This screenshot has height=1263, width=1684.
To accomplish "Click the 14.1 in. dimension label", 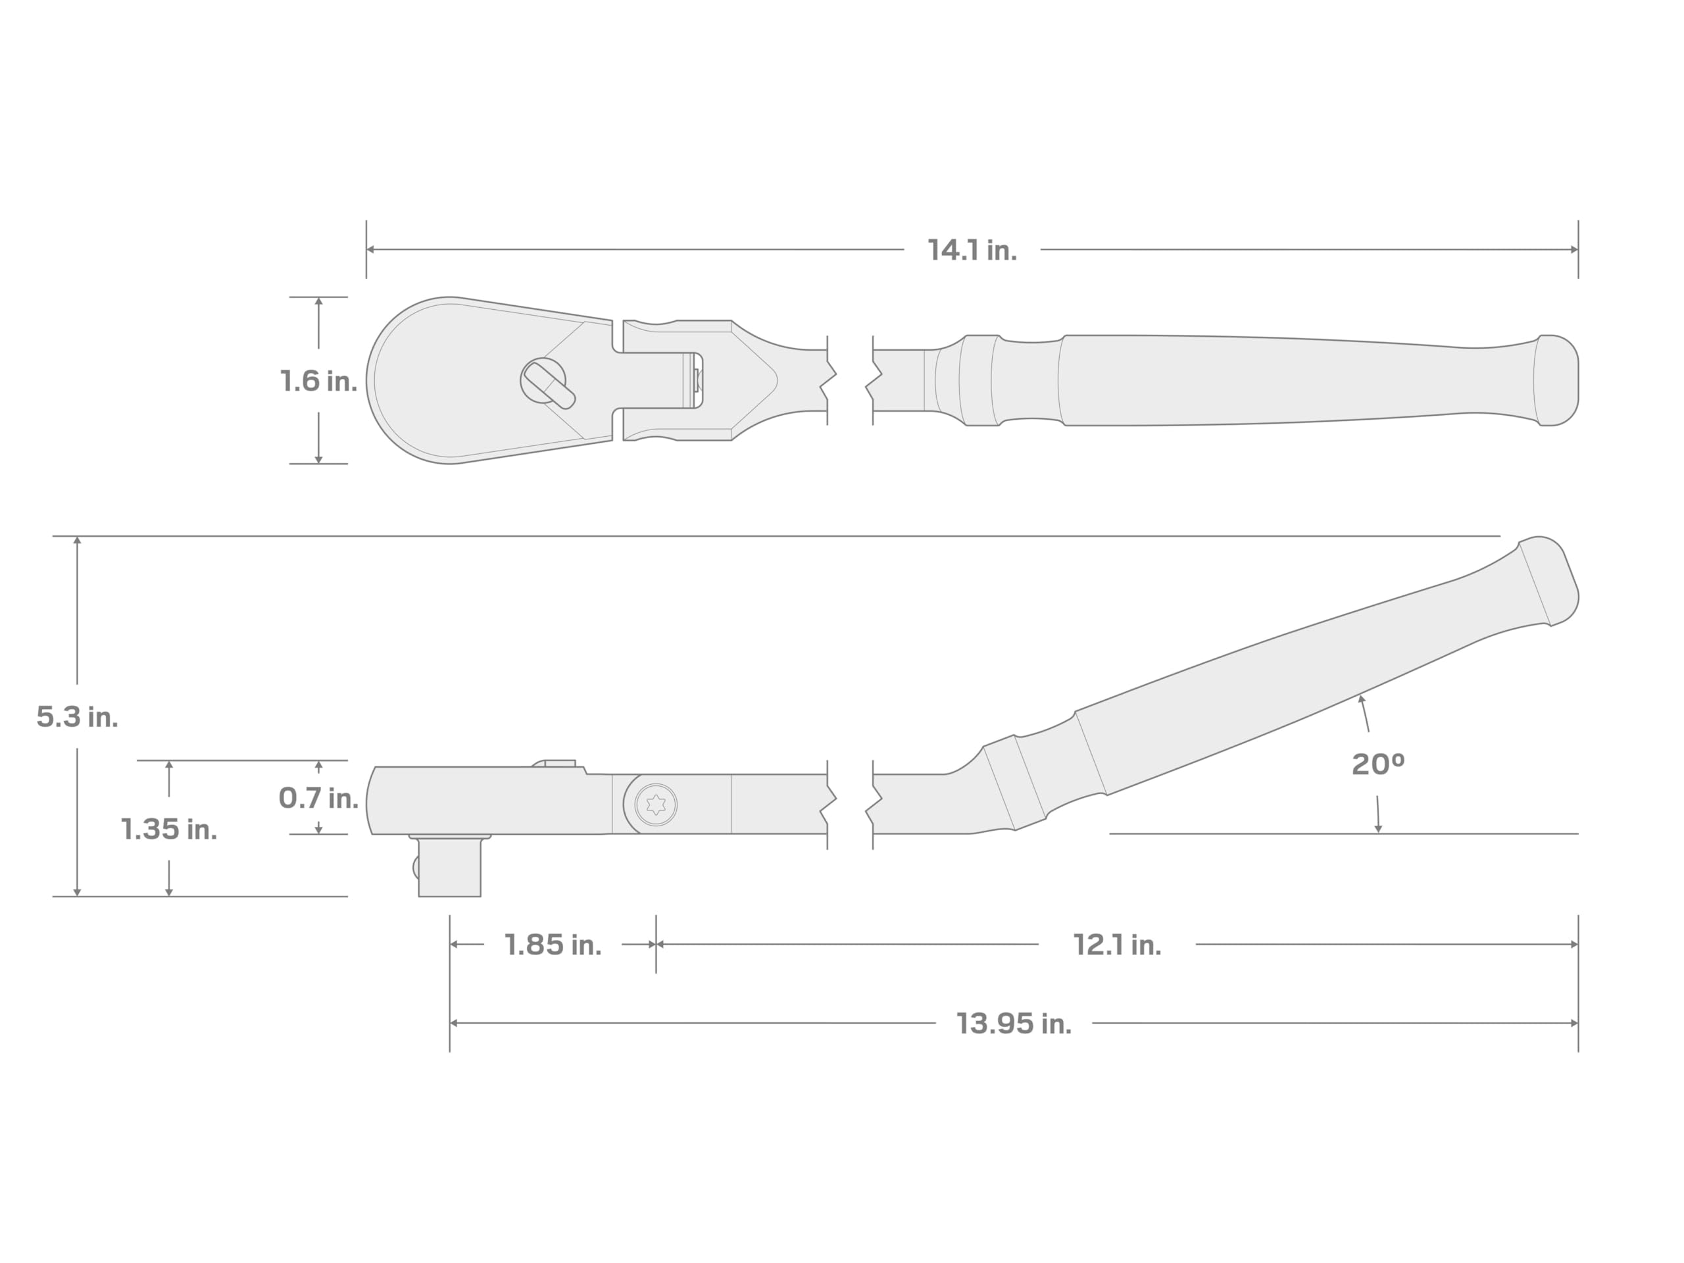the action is [972, 251].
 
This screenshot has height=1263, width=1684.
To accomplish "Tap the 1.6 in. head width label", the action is [318, 381].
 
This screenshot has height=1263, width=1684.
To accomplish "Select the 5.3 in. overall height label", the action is [77, 716].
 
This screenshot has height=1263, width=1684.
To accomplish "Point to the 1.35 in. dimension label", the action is [169, 829].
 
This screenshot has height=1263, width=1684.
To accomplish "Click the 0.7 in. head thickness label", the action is [318, 798].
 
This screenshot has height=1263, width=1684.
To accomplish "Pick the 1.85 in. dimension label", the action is [553, 945].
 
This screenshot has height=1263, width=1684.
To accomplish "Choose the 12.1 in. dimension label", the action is [1117, 945].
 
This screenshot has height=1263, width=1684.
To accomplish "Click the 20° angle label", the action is [1378, 764].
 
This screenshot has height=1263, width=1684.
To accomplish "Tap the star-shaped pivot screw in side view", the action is [655, 804].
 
